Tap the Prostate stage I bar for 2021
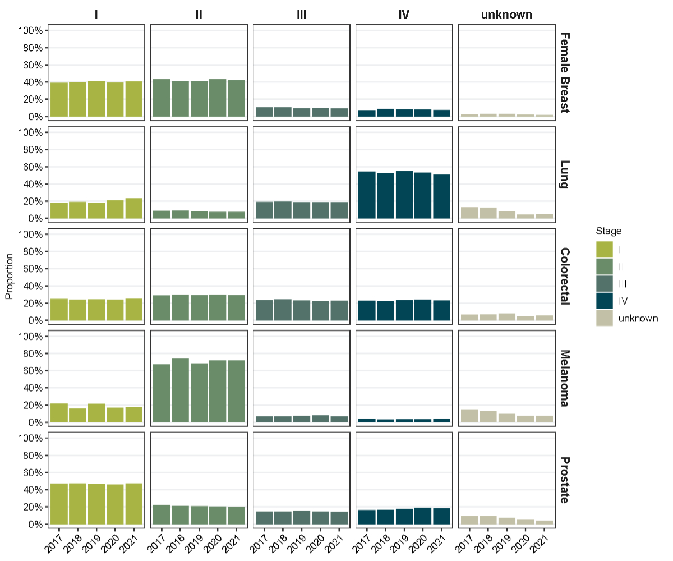[133, 504]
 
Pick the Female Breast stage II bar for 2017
[162, 98]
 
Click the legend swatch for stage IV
[605, 301]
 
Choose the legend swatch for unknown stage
[605, 319]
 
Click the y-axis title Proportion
[10, 276]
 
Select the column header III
[301, 15]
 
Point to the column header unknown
[506, 15]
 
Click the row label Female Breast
[565, 72]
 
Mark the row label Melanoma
[565, 379]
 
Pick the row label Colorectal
[565, 276]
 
